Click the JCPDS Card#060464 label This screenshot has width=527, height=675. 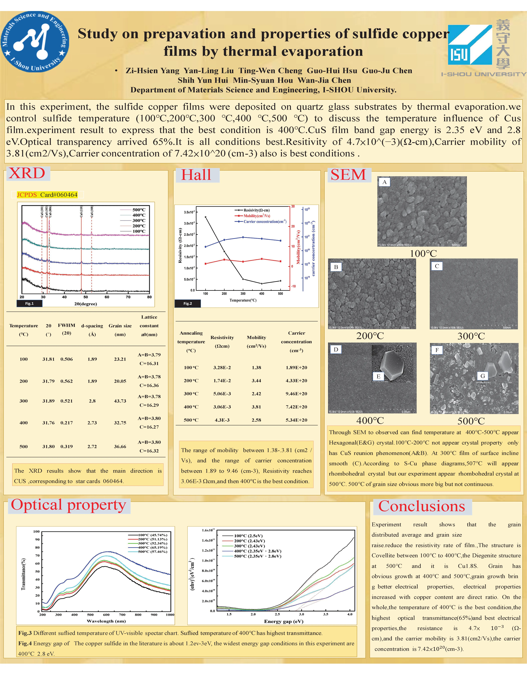click(47, 195)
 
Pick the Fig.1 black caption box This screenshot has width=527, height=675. click(29, 303)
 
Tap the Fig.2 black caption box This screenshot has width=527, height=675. click(188, 303)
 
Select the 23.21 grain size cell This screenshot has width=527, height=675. click(120, 359)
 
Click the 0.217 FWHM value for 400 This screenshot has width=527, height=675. click(66, 423)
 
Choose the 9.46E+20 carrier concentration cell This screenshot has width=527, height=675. click(296, 394)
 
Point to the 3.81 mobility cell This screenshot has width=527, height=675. click(256, 407)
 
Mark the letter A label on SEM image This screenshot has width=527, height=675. click(385, 182)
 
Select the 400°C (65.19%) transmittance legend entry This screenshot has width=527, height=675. click(148, 547)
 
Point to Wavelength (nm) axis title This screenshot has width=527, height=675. click(106, 621)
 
